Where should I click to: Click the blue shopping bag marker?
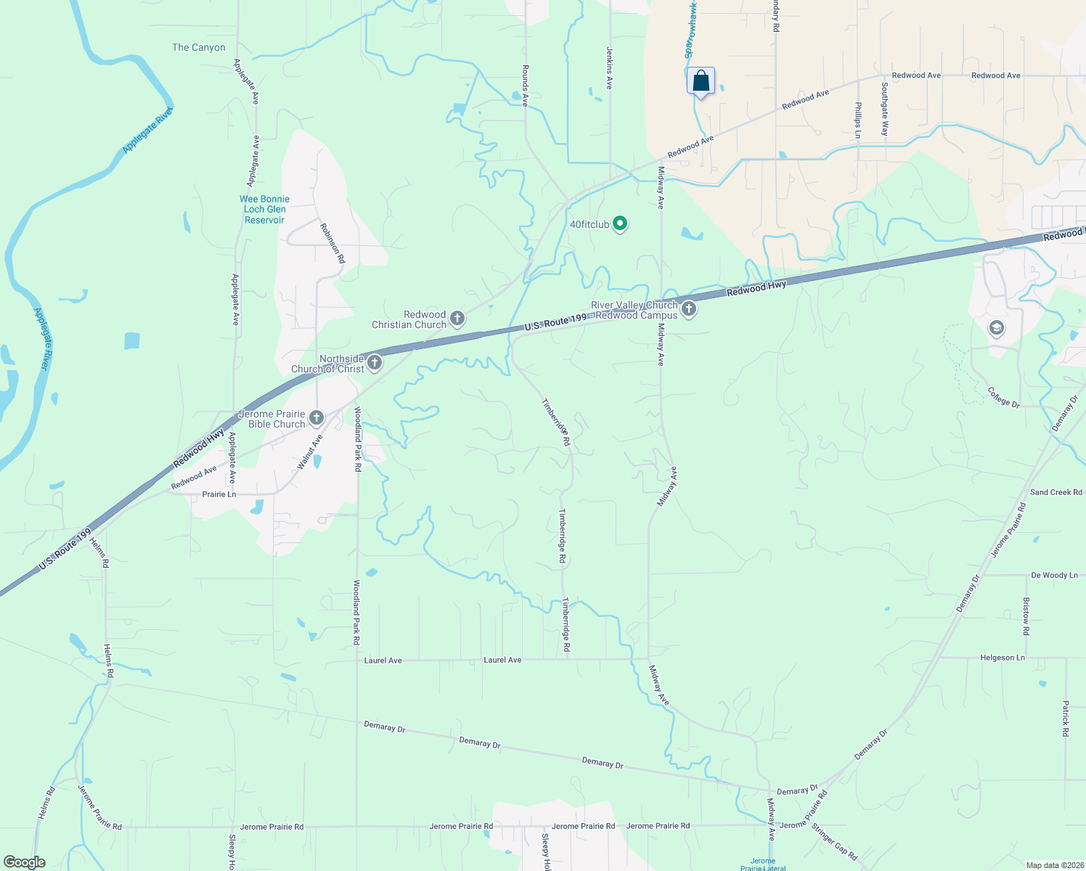coord(701,80)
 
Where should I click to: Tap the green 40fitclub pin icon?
coord(620,224)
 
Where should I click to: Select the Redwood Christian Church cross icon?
coord(457,318)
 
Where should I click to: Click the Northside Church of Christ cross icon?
coord(375,362)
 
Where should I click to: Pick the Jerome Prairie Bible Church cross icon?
coord(316,417)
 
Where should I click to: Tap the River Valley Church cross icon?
coord(689,310)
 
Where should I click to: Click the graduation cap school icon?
coord(997,329)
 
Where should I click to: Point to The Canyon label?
coord(199,48)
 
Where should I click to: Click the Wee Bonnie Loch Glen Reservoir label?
coord(264,209)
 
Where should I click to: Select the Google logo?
coord(25,862)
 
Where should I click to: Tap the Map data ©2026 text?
coord(1053,865)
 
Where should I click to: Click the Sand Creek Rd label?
coord(1056,492)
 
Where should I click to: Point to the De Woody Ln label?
coord(1054,576)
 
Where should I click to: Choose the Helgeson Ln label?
coord(1003,658)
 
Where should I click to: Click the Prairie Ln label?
coord(219,494)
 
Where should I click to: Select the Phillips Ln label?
coord(857,120)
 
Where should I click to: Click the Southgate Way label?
coord(884,109)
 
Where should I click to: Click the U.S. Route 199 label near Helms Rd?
coord(65,549)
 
